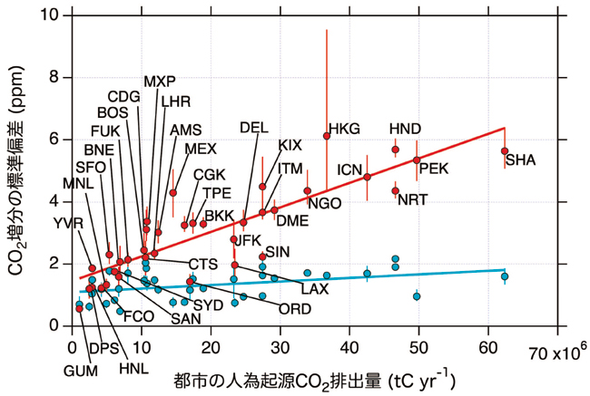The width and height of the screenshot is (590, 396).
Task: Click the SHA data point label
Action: click(x=520, y=160)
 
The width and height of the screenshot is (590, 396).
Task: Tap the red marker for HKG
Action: click(x=327, y=136)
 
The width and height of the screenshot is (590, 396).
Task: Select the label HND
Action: click(x=405, y=129)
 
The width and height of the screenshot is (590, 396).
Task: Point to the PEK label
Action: click(x=434, y=168)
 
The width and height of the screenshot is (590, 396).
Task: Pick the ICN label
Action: click(x=350, y=169)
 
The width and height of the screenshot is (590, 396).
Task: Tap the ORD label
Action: click(x=294, y=309)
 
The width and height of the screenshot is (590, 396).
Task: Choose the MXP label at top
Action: click(x=160, y=81)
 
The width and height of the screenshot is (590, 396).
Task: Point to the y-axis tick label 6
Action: click(x=56, y=140)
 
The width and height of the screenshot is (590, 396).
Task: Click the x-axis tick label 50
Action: click(x=418, y=347)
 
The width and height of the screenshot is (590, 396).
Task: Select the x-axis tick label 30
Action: click(x=280, y=347)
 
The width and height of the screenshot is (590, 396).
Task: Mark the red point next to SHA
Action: click(x=505, y=151)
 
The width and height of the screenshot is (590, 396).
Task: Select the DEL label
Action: click(x=254, y=128)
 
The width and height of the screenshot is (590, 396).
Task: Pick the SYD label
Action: click(x=208, y=304)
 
